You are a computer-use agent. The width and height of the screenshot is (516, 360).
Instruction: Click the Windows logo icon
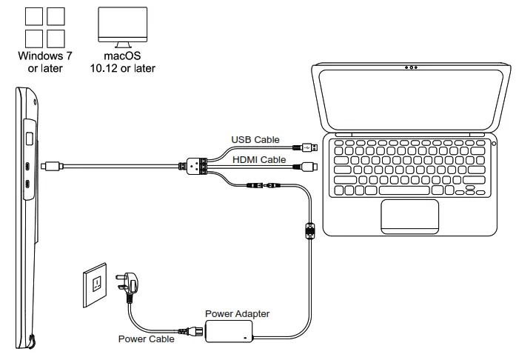pyautogui.click(x=44, y=27)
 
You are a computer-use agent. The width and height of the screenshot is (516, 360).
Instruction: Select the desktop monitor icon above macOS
pyautogui.click(x=122, y=27)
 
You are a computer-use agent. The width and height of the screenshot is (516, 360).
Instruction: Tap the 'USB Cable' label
pyautogui.click(x=255, y=140)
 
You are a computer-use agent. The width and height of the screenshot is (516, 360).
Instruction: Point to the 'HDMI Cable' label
pyautogui.click(x=259, y=160)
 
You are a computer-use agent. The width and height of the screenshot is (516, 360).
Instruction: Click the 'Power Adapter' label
pyautogui.click(x=237, y=313)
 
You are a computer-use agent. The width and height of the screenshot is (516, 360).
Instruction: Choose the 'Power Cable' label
pyautogui.click(x=146, y=339)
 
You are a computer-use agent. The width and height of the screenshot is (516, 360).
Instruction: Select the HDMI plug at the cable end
pyautogui.click(x=306, y=166)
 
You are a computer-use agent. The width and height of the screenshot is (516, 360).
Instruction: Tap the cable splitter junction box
pyautogui.click(x=196, y=166)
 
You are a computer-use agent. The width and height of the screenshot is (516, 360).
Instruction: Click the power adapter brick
pyautogui.click(x=229, y=332)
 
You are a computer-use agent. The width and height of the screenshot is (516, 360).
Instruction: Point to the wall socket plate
pyautogui.click(x=95, y=285)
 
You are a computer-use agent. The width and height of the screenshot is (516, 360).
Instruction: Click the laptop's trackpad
pyautogui.click(x=409, y=216)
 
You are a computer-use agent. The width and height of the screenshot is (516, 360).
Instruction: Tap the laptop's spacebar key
pyautogui.click(x=404, y=190)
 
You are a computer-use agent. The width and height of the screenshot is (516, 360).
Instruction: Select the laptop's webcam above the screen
pyautogui.click(x=411, y=67)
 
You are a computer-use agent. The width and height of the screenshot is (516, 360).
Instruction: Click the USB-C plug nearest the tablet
pyautogui.click(x=52, y=166)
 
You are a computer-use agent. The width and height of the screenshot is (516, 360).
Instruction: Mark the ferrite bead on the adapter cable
pyautogui.click(x=310, y=230)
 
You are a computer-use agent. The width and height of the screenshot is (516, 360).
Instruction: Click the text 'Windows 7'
pyautogui.click(x=45, y=56)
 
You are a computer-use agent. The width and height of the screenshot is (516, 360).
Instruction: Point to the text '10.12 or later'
pyautogui.click(x=122, y=68)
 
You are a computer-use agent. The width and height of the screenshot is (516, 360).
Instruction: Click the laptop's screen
pyautogui.click(x=411, y=99)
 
